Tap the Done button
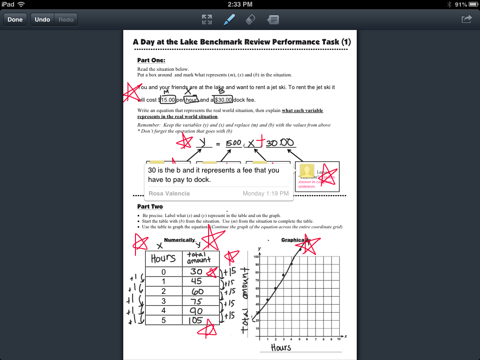coord(15,20)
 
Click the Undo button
coord(42,20)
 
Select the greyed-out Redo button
coord(66,20)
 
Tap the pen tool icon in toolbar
coord(229,19)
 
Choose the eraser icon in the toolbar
coord(251,19)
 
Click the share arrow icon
coord(467,19)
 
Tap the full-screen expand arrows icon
coord(207,19)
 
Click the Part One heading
coord(151,60)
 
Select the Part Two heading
coord(150,206)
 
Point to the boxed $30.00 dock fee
coord(223,100)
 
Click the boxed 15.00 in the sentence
coord(168,100)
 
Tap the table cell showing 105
coord(196,320)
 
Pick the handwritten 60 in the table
coord(197,291)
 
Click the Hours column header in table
coord(163,258)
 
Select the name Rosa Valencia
coord(169,193)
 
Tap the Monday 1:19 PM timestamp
coord(265,193)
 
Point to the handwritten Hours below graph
coord(281,347)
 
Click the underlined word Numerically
coord(179,240)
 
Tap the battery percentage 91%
coord(461,4)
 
